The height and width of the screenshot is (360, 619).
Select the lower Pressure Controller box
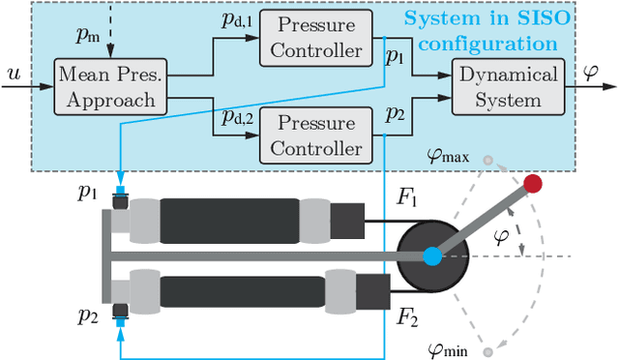pos(316,135)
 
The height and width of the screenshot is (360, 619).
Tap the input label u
pos(13,74)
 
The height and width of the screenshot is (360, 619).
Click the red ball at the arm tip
pos(532,183)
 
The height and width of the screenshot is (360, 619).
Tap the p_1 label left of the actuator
pos(88,192)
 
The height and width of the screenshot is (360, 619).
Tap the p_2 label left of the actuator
pos(88,316)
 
